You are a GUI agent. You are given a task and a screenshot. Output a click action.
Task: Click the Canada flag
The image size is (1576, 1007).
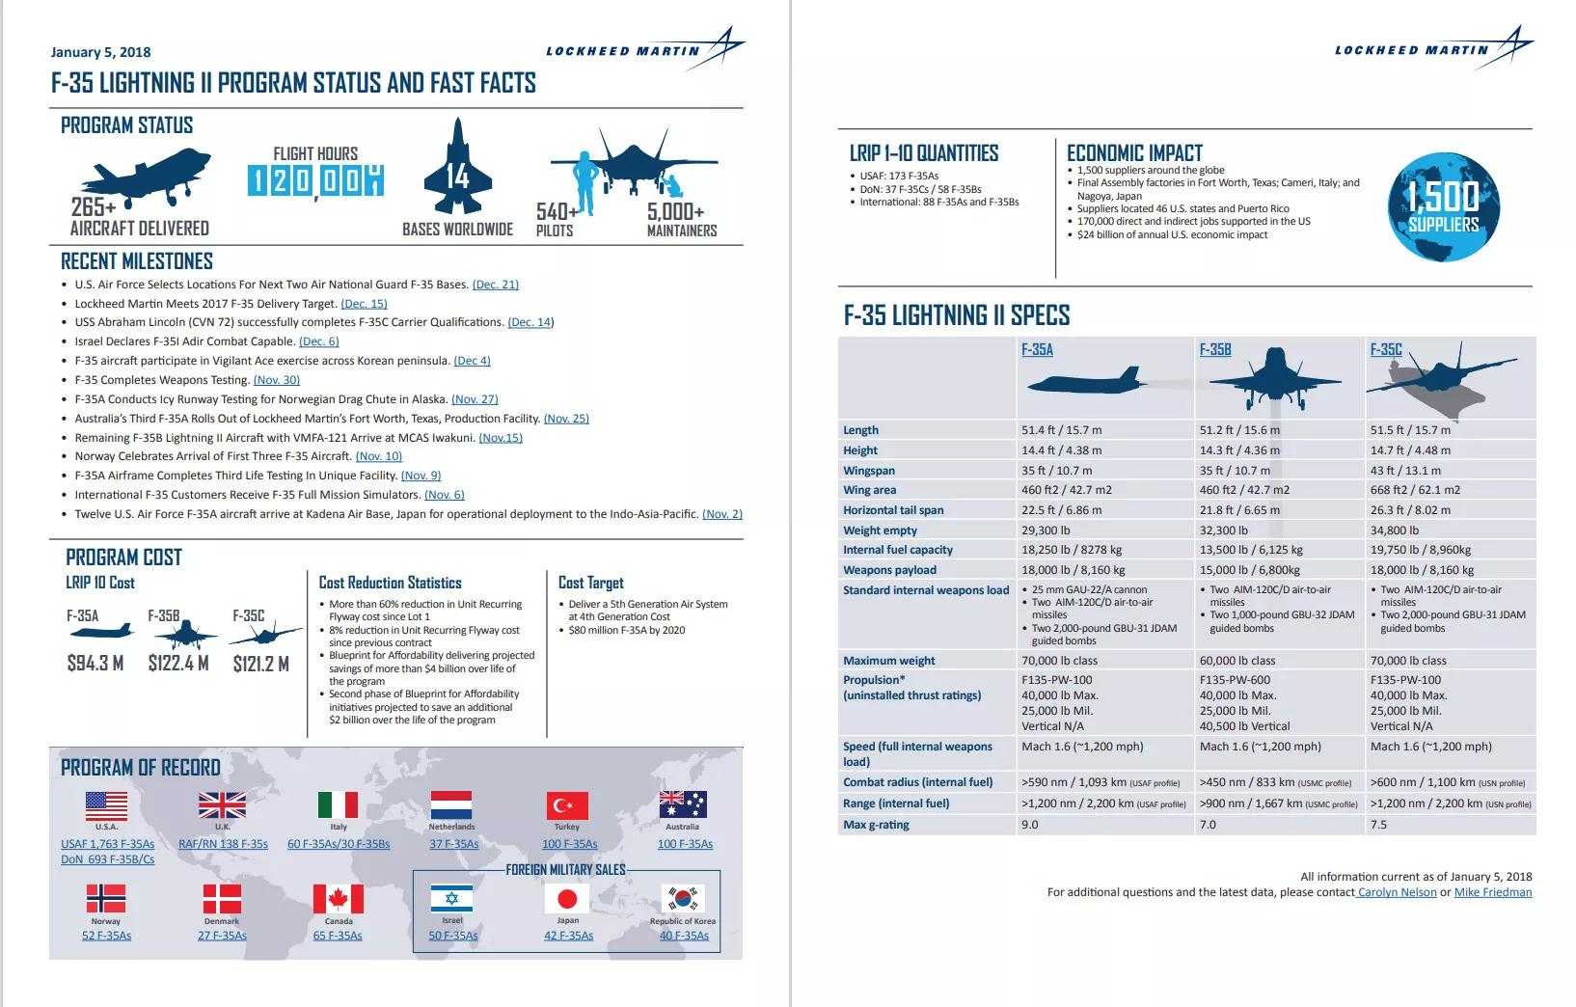338,899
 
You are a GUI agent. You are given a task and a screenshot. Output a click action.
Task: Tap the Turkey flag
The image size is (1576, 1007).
567,805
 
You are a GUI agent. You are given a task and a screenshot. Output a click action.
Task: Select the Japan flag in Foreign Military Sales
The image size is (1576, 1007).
567,899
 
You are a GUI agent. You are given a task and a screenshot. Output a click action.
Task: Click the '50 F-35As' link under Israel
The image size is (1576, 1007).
453,936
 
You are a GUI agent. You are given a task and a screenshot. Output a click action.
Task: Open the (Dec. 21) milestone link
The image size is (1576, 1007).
496,285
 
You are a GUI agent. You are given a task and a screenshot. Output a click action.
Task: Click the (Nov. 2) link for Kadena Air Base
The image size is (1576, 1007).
722,514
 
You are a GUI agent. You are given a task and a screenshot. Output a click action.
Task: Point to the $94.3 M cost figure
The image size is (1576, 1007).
95,664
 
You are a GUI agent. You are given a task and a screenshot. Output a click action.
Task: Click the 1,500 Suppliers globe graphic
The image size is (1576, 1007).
1444,208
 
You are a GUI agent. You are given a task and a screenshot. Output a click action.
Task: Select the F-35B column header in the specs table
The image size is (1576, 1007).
1215,349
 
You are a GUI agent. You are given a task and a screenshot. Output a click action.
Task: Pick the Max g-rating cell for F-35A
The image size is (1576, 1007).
1030,825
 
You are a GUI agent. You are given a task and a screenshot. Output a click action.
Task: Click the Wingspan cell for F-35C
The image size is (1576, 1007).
1405,471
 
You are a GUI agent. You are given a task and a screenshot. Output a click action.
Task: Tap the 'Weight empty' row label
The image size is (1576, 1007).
880,531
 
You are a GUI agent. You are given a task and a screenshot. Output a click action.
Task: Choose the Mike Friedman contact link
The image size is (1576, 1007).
1492,892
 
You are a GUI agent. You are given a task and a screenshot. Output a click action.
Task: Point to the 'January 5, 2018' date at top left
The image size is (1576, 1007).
100,52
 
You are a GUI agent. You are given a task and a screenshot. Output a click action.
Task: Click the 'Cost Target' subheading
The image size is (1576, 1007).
590,583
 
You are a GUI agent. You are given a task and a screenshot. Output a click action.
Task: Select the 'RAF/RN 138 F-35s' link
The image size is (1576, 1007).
223,844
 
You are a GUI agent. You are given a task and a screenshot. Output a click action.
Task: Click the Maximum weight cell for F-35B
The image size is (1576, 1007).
1236,661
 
